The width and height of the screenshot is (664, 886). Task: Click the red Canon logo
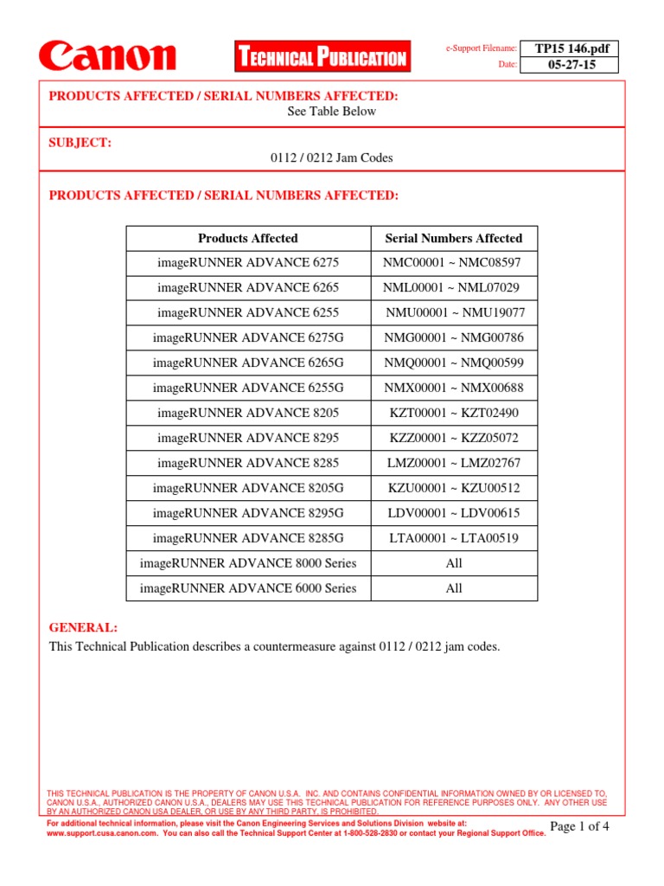[107, 56]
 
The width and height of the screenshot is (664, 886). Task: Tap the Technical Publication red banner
[322, 58]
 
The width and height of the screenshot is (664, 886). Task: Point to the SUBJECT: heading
[80, 142]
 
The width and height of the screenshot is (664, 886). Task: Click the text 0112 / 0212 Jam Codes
[332, 157]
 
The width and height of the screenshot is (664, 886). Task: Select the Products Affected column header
[247, 238]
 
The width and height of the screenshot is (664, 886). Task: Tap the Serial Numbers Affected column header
[453, 238]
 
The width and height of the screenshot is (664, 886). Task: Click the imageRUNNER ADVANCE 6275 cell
[247, 262]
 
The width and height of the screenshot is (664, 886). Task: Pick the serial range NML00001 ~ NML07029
[453, 287]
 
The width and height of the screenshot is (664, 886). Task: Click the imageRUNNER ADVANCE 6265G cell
[247, 363]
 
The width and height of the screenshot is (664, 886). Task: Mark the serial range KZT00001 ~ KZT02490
[453, 413]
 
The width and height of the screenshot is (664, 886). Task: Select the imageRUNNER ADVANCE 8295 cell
[247, 438]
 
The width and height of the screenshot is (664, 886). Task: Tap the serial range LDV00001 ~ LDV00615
[453, 513]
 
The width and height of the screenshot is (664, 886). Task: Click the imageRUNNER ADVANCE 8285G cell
[247, 538]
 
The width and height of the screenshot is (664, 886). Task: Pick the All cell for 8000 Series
[453, 563]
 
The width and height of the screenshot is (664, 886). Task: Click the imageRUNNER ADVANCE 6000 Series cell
[247, 588]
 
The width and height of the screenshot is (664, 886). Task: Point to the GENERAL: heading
[83, 627]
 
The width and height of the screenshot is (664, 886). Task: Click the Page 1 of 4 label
[579, 826]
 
